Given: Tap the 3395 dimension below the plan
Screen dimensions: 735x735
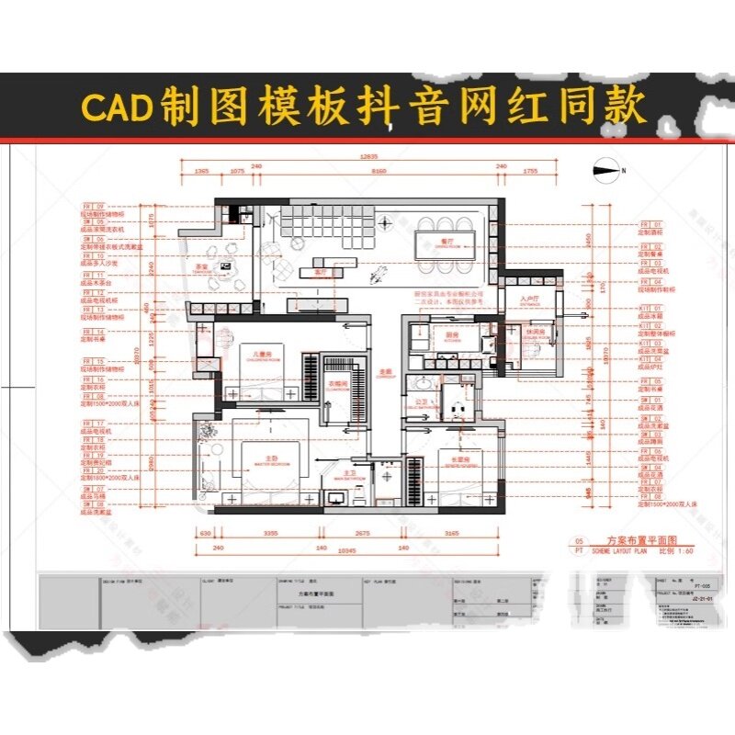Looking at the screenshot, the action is pos(270,533).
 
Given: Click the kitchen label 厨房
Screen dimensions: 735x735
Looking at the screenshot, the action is pos(438,336).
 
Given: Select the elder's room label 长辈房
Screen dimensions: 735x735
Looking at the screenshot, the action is pos(449,458).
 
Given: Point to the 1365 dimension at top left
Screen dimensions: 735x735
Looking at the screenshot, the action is pos(202,171).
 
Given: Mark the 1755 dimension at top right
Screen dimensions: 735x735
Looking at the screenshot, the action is pos(530,171).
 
